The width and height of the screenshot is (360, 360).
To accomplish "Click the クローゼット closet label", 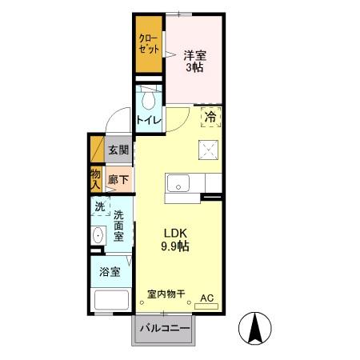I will click(148, 44).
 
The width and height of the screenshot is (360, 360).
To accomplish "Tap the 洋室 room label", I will click(194, 55).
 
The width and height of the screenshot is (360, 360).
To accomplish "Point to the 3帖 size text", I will click(194, 68).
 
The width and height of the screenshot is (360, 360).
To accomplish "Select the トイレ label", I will click(149, 121).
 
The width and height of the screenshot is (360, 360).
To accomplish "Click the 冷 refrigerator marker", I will click(211, 117).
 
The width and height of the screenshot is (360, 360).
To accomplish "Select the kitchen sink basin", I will click(177, 180).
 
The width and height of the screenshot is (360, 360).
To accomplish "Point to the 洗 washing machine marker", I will click(99, 206).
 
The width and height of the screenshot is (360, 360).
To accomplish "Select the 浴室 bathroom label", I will click(110, 272).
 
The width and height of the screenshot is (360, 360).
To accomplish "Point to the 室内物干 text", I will click(166, 294).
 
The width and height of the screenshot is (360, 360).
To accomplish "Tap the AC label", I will click(207, 298).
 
